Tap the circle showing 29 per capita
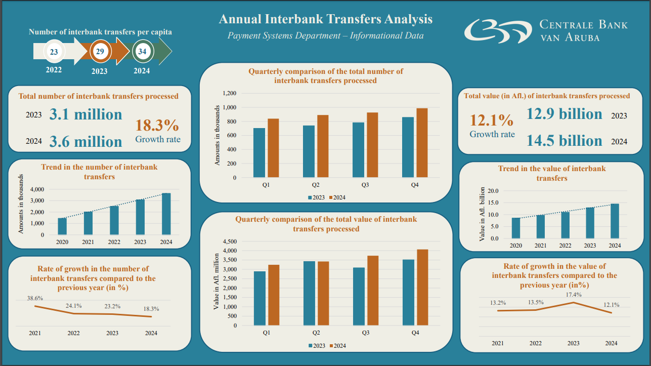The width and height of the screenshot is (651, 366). (x=100, y=51)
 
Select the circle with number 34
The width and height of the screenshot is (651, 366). (x=142, y=51)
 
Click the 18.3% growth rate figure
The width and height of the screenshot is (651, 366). (x=157, y=125)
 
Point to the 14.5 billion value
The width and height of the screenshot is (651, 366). (x=565, y=140)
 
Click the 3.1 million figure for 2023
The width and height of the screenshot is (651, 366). (x=86, y=114)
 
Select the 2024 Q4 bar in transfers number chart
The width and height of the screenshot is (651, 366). (x=422, y=143)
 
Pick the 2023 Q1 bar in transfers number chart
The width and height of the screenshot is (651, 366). (x=259, y=152)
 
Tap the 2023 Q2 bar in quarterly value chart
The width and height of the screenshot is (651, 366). (x=309, y=293)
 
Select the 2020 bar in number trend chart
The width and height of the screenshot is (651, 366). (x=62, y=226)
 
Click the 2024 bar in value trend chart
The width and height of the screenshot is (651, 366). (x=614, y=221)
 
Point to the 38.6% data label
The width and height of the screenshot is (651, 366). (x=35, y=298)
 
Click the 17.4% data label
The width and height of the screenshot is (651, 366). (x=573, y=295)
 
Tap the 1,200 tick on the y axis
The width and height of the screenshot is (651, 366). (x=229, y=94)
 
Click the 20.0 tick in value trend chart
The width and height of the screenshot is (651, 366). (x=493, y=191)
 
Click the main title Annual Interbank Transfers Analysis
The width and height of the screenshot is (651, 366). (x=326, y=19)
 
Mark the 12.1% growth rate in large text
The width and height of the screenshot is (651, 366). (x=492, y=120)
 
